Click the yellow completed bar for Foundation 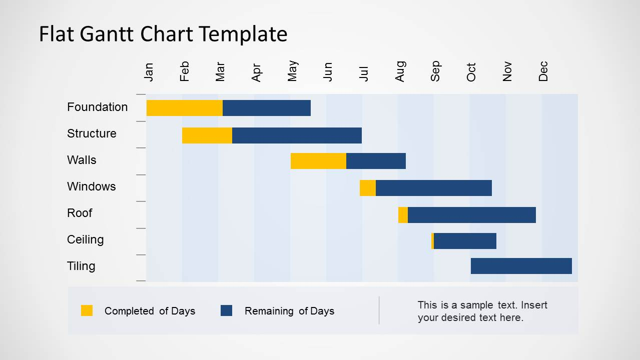184,108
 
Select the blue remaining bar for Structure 297,135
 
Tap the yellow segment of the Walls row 318,161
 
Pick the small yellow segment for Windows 368,188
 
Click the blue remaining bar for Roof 472,215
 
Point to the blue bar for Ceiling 465,241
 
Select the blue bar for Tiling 521,266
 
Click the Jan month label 149,72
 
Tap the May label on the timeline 293,71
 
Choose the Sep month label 435,71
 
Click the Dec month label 543,71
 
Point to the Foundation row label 97,107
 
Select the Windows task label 91,186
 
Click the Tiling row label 81,266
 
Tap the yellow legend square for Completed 87,310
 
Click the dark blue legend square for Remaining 227,310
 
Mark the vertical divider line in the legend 379,310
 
